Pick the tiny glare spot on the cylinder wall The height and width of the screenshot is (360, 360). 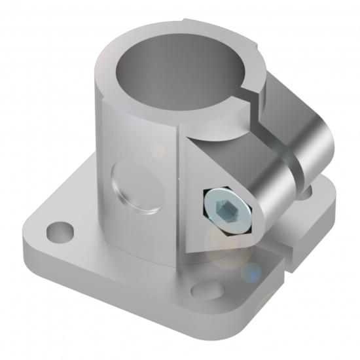coord(158,151)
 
